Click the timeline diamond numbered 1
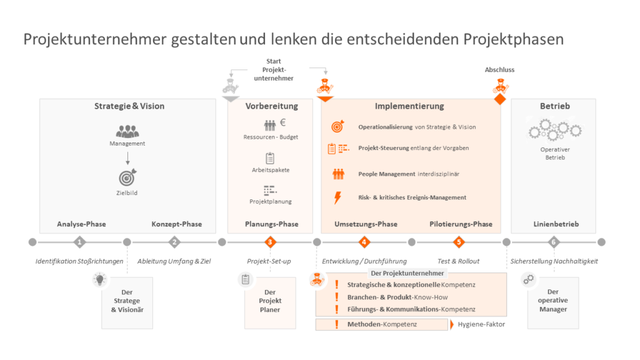click(79, 242)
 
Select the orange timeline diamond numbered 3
click(269, 242)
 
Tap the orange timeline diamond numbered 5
click(459, 242)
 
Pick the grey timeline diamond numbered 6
click(553, 242)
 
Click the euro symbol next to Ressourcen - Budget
click(282, 122)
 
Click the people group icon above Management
click(127, 131)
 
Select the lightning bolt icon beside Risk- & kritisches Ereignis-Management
click(337, 197)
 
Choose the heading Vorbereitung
click(271, 106)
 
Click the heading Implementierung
click(409, 106)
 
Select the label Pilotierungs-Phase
click(461, 224)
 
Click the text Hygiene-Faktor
click(481, 324)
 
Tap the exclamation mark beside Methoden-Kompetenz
click(337, 324)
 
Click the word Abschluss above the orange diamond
click(499, 70)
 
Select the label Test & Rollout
click(458, 261)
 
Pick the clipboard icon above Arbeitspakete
click(270, 158)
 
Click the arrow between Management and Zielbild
click(127, 159)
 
